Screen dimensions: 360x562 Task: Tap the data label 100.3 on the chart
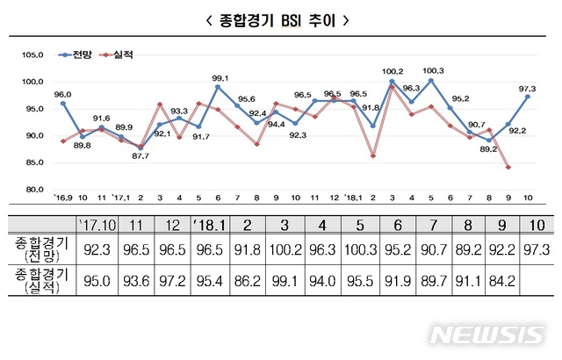(433, 71)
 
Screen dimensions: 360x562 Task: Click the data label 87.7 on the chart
(142, 156)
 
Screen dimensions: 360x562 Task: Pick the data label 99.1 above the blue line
(221, 77)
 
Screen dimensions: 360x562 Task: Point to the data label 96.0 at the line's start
(62, 94)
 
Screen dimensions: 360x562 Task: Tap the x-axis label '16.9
(61, 198)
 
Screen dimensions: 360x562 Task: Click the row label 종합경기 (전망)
(40, 252)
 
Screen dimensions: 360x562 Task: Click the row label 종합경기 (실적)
(40, 285)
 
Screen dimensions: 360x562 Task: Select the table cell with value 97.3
(537, 252)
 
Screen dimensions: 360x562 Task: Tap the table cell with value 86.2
(256, 284)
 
